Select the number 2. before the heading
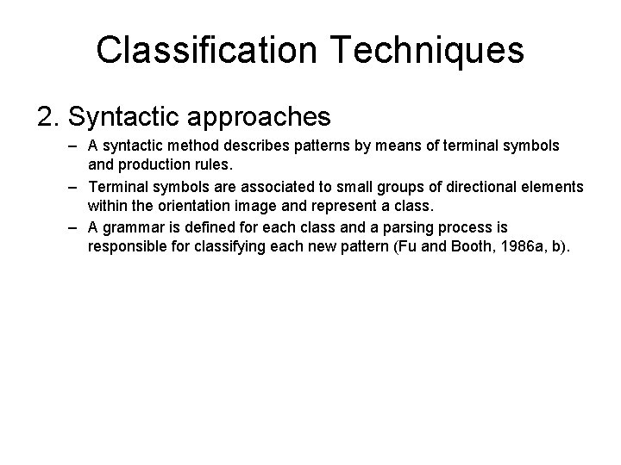[x=51, y=115]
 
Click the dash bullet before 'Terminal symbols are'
[x=75, y=186]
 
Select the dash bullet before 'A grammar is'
[x=75, y=227]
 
